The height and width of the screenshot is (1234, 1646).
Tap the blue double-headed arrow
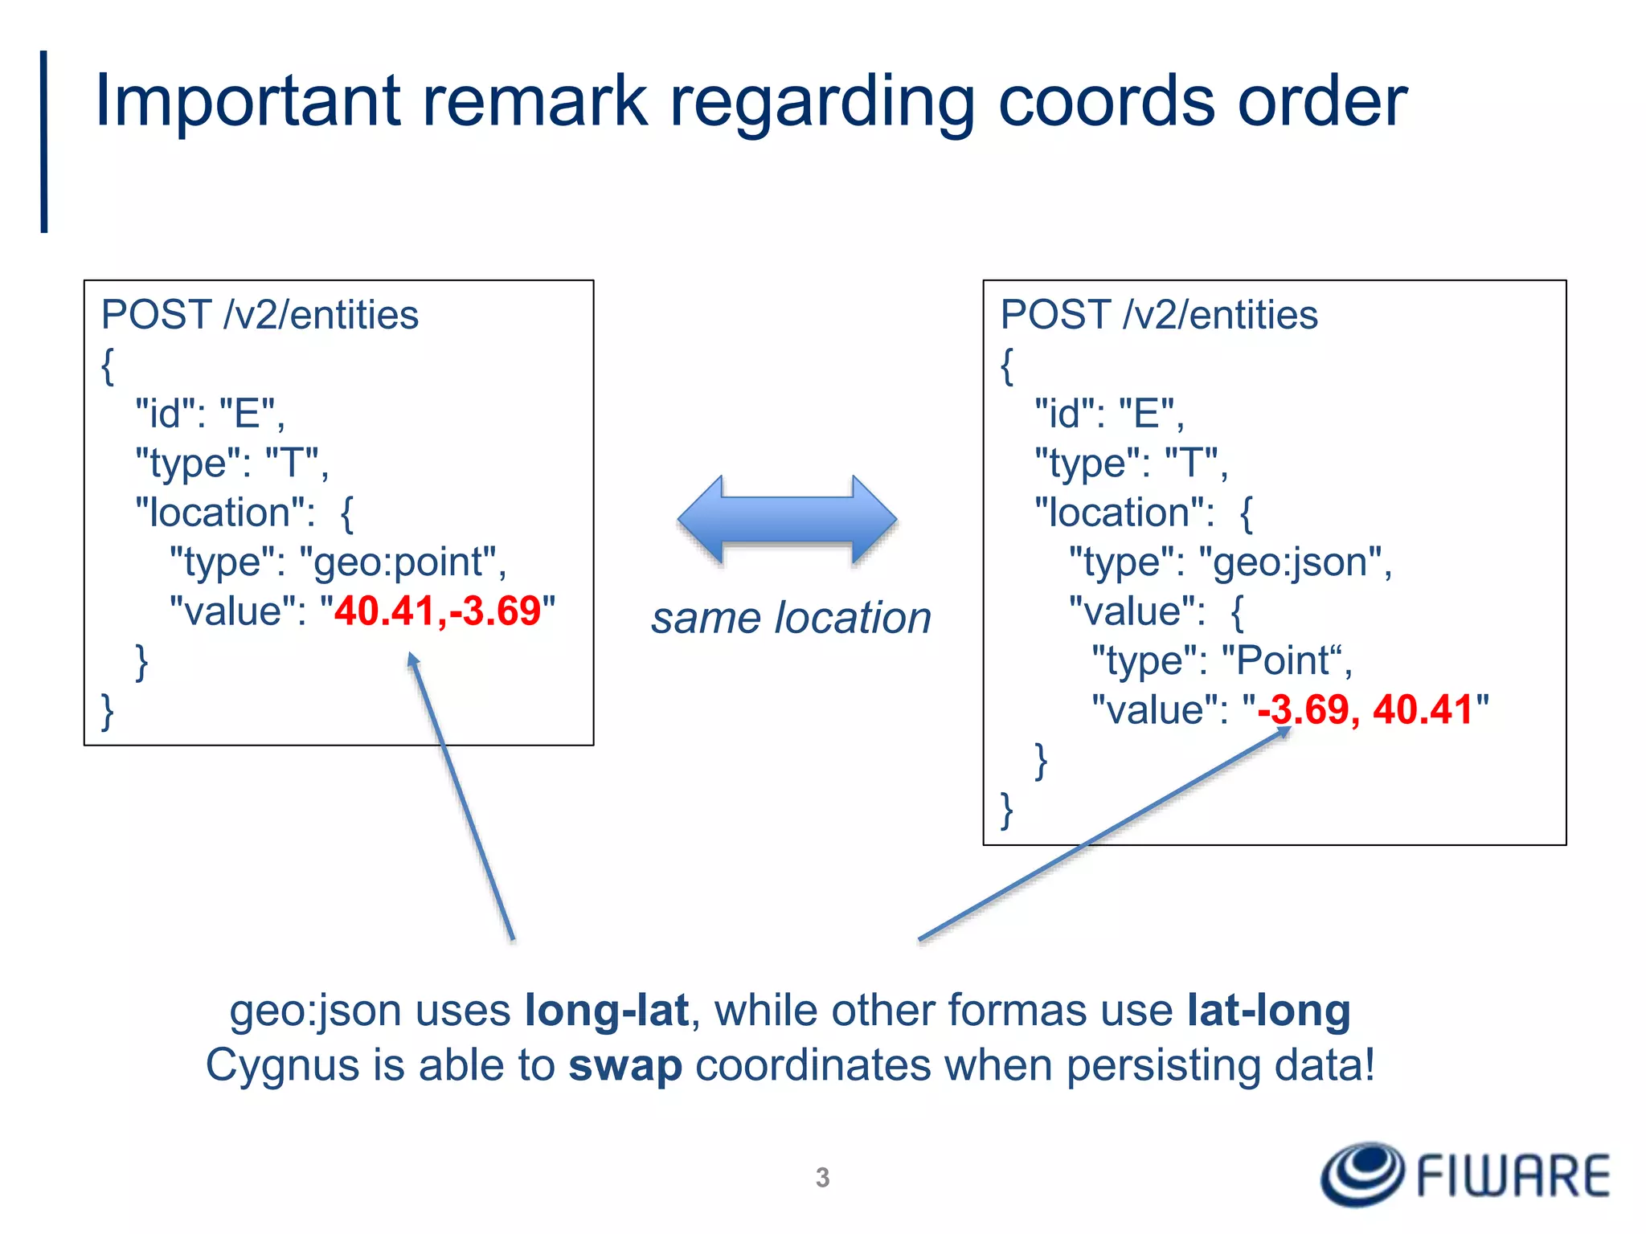point(787,519)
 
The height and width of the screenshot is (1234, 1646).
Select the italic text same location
point(791,619)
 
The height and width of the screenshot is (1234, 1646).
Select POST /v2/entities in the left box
point(260,315)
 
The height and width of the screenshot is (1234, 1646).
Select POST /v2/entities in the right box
point(1158,315)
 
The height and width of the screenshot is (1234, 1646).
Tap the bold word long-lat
point(607,1011)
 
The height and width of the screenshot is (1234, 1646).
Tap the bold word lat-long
point(1268,1011)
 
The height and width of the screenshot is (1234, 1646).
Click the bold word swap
point(625,1066)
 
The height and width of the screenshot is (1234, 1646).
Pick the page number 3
point(822,1177)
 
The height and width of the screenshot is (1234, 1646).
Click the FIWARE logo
point(1466,1175)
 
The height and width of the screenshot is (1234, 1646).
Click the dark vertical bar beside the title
point(44,142)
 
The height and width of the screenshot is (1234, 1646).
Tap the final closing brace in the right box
point(1006,809)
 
